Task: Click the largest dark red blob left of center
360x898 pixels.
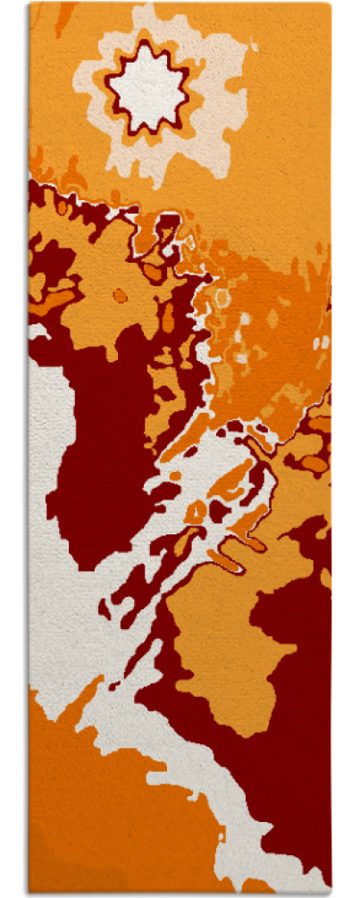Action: (x=98, y=447)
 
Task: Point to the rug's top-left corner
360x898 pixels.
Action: (x=29, y=4)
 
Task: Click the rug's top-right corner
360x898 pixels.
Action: (x=331, y=4)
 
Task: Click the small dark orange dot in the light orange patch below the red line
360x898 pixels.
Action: (x=119, y=294)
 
